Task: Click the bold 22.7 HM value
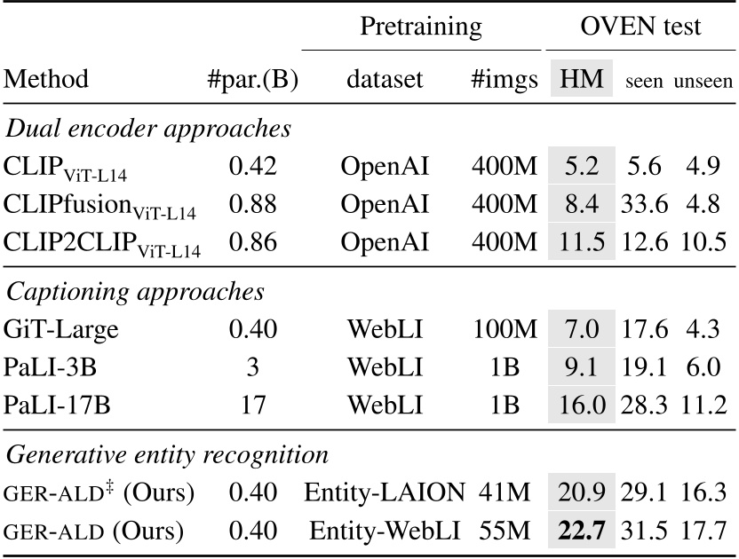pyautogui.click(x=582, y=531)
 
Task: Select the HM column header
pyautogui.click(x=582, y=80)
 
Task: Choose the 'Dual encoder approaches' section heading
pyautogui.click(x=148, y=128)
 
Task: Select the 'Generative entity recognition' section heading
pyautogui.click(x=168, y=454)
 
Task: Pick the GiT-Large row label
pyautogui.click(x=60, y=330)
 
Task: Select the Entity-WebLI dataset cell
pyautogui.click(x=385, y=531)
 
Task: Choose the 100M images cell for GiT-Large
pyautogui.click(x=505, y=330)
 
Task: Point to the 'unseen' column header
pyautogui.click(x=703, y=82)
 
